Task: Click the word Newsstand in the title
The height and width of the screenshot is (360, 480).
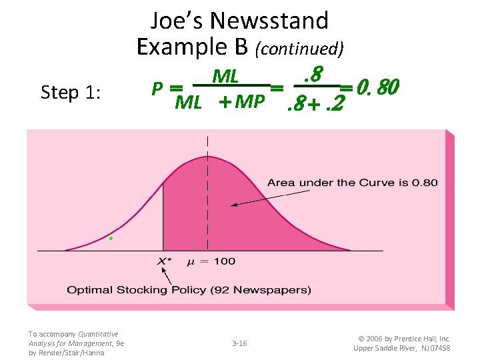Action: click(x=269, y=21)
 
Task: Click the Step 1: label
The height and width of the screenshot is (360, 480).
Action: click(x=71, y=93)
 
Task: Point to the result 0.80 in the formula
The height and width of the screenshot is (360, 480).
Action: click(x=378, y=87)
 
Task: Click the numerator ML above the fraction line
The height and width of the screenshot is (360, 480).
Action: click(x=225, y=77)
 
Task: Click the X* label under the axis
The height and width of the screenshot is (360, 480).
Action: click(x=165, y=261)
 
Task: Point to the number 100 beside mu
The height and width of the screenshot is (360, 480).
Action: click(x=225, y=261)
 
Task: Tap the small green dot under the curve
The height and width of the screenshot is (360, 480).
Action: click(x=111, y=238)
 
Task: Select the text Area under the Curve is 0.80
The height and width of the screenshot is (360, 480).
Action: click(x=352, y=183)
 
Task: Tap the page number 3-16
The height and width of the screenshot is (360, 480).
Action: click(x=239, y=343)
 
